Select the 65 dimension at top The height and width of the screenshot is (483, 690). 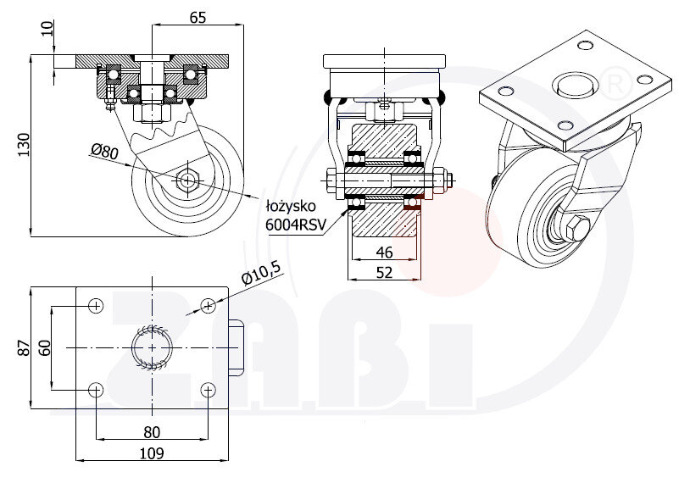[x=198, y=16]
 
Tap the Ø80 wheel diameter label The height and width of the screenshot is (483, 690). [x=104, y=152]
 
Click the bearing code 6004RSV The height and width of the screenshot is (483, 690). [x=293, y=224]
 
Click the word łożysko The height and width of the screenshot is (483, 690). [x=292, y=206]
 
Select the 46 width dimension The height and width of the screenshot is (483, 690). [x=384, y=252]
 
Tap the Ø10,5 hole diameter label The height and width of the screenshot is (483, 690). [x=260, y=274]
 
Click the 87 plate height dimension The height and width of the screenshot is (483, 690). [x=24, y=347]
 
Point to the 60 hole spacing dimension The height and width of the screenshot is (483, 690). [x=45, y=347]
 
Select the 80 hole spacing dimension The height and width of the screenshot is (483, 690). [x=152, y=431]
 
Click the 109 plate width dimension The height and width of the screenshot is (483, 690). [x=152, y=453]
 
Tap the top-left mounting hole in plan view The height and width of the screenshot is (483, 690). [x=96, y=305]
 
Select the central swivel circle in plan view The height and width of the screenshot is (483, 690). [x=152, y=347]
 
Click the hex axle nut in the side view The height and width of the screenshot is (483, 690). [x=186, y=180]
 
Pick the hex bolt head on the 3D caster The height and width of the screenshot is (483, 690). [x=577, y=229]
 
